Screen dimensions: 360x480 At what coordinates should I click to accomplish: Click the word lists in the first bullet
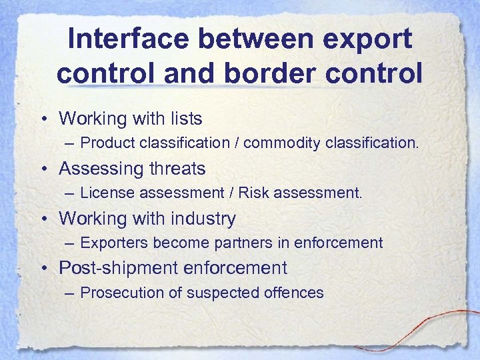(182, 119)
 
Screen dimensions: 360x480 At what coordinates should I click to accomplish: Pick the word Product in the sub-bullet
(107, 143)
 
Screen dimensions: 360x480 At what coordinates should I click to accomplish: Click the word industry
(205, 219)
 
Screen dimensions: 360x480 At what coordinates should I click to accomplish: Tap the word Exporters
(113, 243)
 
